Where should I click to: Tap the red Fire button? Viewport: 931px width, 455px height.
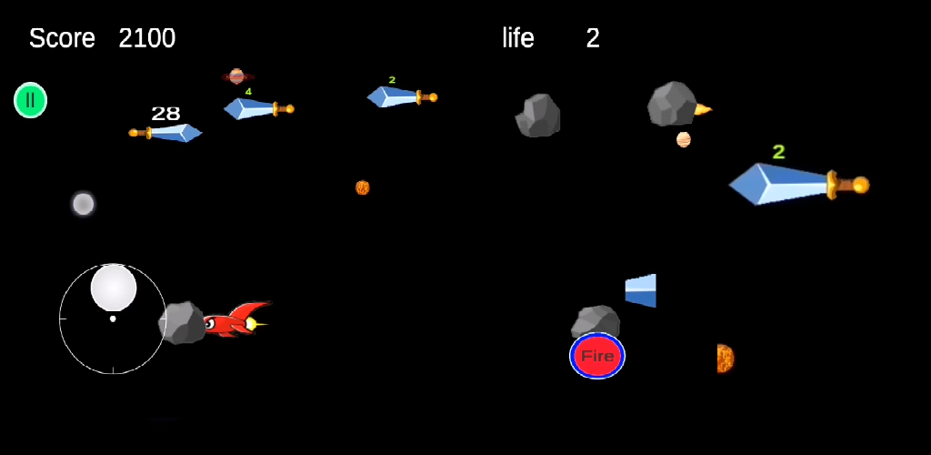point(597,356)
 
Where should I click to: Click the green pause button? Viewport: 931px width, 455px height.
point(30,100)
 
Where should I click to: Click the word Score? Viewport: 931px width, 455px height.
point(62,38)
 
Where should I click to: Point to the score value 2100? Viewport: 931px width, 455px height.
point(146,38)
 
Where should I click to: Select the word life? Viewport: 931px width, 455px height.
point(518,38)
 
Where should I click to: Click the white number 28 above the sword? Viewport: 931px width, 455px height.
point(165,114)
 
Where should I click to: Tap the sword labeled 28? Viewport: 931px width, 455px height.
point(168,133)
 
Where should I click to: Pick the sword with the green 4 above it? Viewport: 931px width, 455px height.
point(256,108)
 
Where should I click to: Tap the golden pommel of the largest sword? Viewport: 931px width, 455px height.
point(859,186)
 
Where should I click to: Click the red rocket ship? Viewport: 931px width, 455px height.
point(235,319)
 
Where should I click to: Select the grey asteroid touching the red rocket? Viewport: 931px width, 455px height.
point(182,323)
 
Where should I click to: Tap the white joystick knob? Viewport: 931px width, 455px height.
point(114,288)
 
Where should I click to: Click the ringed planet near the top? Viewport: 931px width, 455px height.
point(237,76)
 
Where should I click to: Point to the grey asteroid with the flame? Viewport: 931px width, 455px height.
point(672,104)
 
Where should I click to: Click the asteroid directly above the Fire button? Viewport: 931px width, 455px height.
point(596,321)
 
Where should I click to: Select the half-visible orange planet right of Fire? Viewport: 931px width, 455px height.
point(724,359)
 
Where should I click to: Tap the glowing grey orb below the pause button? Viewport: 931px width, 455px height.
point(84,204)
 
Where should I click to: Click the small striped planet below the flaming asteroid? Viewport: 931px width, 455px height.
point(684,139)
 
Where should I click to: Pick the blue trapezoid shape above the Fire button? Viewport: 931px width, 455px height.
point(641,290)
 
